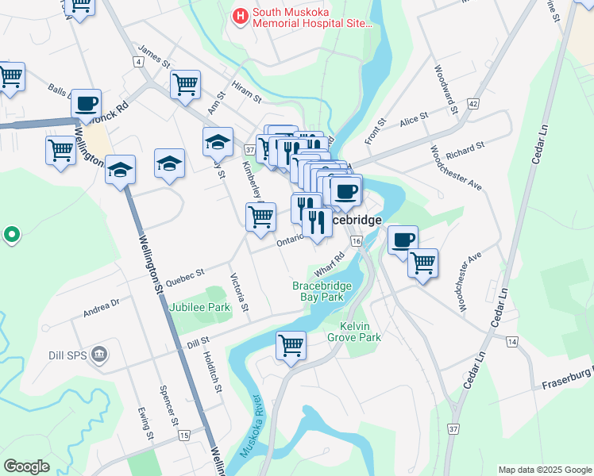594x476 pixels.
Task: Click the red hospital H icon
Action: click(x=238, y=15)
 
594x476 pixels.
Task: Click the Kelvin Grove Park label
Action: click(x=360, y=332)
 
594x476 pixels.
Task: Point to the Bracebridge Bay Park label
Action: click(x=328, y=290)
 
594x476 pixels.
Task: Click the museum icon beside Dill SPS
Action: click(x=99, y=352)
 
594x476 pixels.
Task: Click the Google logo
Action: click(x=26, y=466)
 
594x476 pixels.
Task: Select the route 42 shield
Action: click(x=473, y=104)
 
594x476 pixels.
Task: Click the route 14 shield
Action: click(x=511, y=341)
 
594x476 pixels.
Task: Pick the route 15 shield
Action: click(x=184, y=436)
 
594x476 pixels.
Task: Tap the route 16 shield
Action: click(x=356, y=240)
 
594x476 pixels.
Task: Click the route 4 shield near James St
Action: click(x=139, y=61)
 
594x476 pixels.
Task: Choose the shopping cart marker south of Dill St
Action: click(x=291, y=345)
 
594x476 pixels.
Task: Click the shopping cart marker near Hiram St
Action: click(x=185, y=83)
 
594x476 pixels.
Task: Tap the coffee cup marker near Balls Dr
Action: click(x=86, y=102)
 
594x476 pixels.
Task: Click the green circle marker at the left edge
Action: click(x=11, y=235)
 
